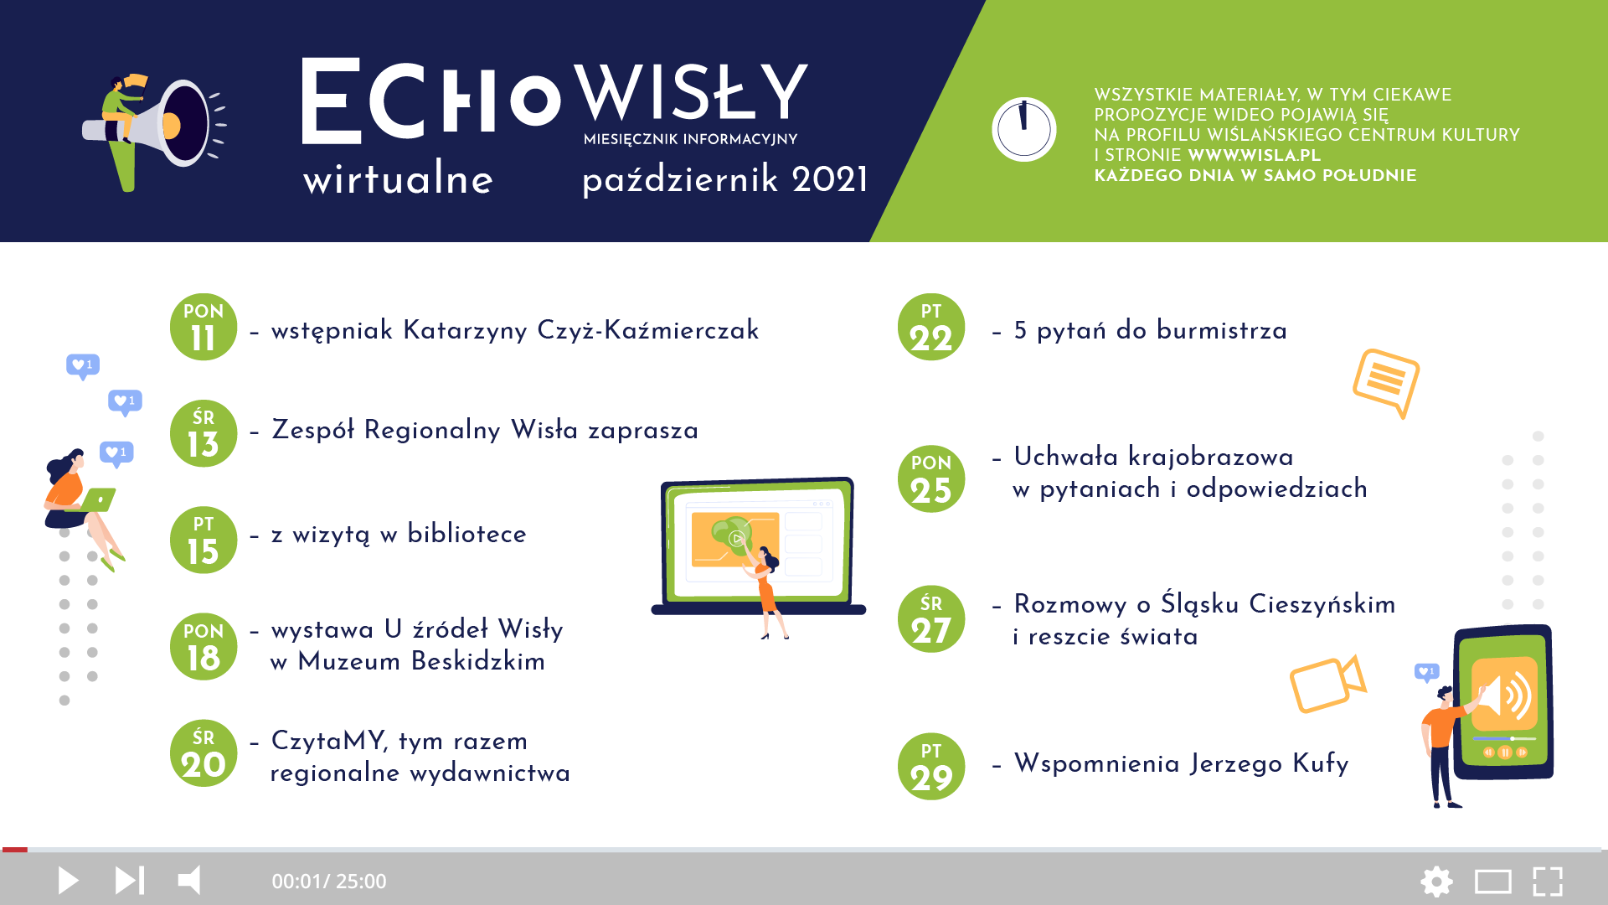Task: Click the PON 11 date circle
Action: coord(204,327)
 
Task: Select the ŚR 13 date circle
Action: coord(204,433)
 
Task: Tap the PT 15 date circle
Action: coord(204,540)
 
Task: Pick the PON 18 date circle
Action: coord(204,646)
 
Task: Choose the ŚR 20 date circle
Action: coord(204,752)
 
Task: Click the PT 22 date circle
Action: coord(931,327)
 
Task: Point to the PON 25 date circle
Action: coord(931,478)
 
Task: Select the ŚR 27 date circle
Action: coord(931,619)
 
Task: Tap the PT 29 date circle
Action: coord(931,767)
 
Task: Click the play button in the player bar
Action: coord(68,881)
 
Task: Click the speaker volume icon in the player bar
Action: coord(190,881)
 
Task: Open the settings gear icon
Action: coord(1436,882)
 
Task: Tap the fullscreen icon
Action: coord(1548,882)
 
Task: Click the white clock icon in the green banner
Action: coord(1023,130)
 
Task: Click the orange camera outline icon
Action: coord(1327,684)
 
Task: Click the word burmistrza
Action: coord(1222,330)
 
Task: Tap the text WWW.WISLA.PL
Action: coord(1254,155)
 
